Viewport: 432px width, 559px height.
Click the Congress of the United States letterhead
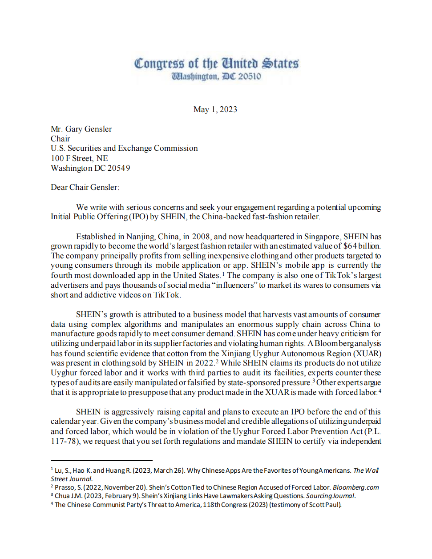pos(216,64)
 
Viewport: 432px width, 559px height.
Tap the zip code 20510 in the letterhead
pos(250,76)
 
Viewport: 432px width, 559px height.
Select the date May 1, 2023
pos(215,109)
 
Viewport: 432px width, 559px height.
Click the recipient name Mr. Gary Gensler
pos(81,129)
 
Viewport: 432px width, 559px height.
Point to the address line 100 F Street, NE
pos(79,158)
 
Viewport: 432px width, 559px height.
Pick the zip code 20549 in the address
pos(119,168)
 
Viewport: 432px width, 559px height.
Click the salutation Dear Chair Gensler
pos(85,187)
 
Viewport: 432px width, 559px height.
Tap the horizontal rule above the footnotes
pos(101,461)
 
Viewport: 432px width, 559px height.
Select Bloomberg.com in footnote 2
pos(356,487)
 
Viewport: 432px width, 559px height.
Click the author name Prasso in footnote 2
pos(65,487)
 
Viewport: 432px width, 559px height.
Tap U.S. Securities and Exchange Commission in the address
pos(124,148)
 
